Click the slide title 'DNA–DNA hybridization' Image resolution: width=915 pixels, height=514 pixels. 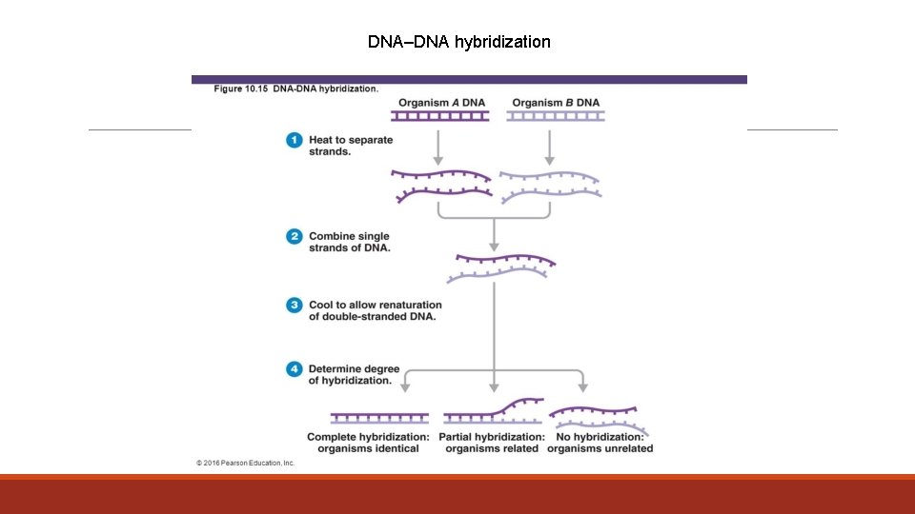pyautogui.click(x=458, y=42)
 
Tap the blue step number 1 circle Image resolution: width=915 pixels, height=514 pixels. pyautogui.click(x=295, y=140)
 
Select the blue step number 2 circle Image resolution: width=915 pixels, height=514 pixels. pyautogui.click(x=295, y=236)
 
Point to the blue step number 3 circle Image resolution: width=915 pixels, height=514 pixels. pyautogui.click(x=295, y=305)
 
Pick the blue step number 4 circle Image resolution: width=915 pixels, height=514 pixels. pyautogui.click(x=295, y=368)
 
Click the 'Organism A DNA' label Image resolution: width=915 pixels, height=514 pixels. pyautogui.click(x=440, y=102)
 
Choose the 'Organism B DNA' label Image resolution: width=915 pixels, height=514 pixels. pyautogui.click(x=556, y=102)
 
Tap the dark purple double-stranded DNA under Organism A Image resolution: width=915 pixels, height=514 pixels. pyautogui.click(x=440, y=116)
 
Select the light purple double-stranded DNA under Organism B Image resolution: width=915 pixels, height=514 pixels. pyautogui.click(x=556, y=116)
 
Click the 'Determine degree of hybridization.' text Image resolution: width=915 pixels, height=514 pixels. pyautogui.click(x=354, y=374)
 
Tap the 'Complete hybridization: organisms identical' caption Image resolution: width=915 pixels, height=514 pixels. pyautogui.click(x=368, y=443)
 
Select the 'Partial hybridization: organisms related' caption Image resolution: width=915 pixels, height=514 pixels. pyautogui.click(x=492, y=443)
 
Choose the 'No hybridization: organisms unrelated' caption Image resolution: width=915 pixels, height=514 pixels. pyautogui.click(x=600, y=443)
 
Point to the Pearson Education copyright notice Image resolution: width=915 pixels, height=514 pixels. pyautogui.click(x=246, y=463)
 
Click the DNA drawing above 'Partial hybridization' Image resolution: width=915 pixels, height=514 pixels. pyautogui.click(x=493, y=411)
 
